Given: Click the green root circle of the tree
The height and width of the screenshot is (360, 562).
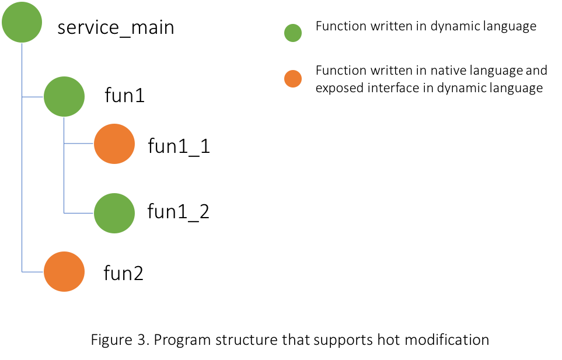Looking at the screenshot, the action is point(22,22).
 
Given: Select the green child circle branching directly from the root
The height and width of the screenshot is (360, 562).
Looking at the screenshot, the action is point(64,96).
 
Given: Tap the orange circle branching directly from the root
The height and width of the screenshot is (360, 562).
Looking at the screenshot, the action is point(64,271).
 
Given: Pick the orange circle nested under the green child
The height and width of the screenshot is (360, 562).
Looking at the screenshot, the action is point(114,144).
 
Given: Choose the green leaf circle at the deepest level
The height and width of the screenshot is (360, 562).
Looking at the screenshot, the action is point(114,213).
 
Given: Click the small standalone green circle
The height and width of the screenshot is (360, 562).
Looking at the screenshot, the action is point(293,33).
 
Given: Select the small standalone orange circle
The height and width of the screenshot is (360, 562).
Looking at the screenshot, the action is point(293,79).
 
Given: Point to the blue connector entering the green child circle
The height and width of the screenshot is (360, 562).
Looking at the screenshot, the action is point(33,97).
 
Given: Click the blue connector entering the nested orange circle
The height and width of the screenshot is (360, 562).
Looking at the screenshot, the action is point(78,144).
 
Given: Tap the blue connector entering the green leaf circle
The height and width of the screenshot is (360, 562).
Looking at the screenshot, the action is point(78,213).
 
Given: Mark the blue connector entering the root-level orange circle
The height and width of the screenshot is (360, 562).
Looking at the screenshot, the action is point(33,272).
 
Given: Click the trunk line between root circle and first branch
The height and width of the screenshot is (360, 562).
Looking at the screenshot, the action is point(22,70).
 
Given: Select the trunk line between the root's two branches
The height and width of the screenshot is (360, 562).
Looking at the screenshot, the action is point(22,184).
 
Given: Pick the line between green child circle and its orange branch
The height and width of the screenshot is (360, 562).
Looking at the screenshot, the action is point(64,131).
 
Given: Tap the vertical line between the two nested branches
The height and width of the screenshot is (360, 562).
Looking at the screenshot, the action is point(64,178).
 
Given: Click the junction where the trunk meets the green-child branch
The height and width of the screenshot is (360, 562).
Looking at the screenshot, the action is point(22,97).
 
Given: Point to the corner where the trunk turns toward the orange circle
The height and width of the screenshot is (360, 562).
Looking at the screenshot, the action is point(22,272).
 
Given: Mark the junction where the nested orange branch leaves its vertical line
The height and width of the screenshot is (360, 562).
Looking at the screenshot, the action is point(64,144).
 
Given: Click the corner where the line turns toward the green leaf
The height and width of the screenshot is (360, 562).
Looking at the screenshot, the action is point(64,213).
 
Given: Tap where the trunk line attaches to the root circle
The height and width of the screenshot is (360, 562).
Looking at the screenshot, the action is point(22,44).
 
